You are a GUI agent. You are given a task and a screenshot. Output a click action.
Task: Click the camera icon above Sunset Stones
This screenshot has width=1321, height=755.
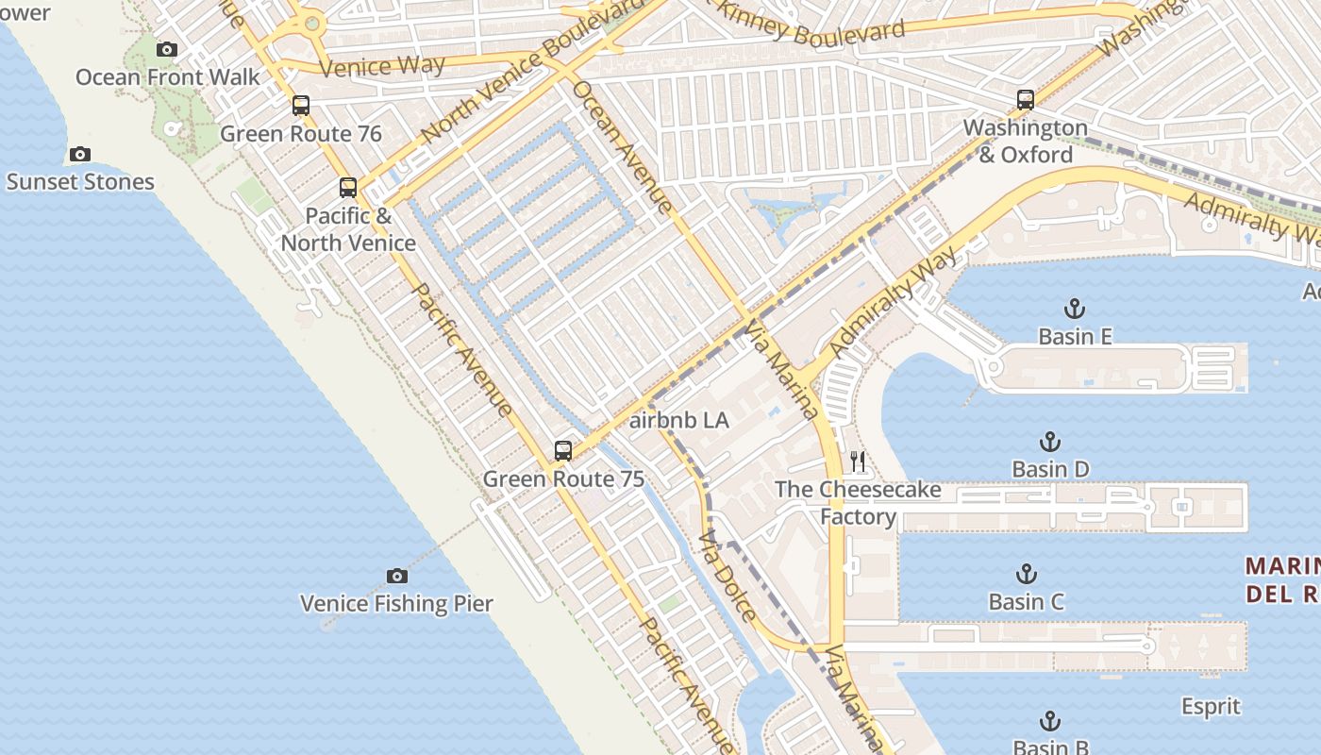click(x=80, y=154)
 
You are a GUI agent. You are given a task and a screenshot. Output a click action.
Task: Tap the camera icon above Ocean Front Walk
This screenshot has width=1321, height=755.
click(x=167, y=49)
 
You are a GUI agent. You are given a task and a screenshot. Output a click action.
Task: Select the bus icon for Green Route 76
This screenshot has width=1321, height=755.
click(x=301, y=106)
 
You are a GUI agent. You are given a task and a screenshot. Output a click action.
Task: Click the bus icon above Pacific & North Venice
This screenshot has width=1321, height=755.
click(x=348, y=188)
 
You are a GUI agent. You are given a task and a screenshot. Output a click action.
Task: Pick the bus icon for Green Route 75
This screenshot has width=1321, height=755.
click(x=563, y=450)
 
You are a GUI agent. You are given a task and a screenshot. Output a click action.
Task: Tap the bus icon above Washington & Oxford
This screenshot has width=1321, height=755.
click(x=1026, y=99)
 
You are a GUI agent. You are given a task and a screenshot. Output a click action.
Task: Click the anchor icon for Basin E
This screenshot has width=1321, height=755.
click(x=1074, y=309)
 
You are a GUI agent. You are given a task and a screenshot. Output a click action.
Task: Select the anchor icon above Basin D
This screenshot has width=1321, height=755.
click(x=1049, y=442)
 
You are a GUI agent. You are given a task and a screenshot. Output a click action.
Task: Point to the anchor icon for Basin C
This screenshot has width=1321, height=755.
click(x=1026, y=574)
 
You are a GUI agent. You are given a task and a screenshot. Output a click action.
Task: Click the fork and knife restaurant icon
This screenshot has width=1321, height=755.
click(x=858, y=461)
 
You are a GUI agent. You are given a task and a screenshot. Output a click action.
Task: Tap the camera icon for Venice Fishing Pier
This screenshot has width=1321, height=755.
click(x=397, y=576)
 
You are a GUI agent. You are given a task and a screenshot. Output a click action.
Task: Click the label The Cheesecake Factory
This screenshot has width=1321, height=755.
click(x=858, y=502)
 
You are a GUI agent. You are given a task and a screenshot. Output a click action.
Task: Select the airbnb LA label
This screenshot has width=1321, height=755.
click(x=678, y=420)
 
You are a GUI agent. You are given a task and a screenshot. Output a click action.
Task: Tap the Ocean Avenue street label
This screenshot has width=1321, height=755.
click(x=623, y=146)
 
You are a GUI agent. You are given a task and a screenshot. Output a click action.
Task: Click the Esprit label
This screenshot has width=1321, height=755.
click(x=1211, y=706)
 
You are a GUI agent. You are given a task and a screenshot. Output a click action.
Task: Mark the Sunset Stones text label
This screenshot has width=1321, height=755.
click(x=80, y=181)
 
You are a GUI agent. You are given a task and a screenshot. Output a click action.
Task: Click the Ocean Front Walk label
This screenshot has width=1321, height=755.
click(x=167, y=76)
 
